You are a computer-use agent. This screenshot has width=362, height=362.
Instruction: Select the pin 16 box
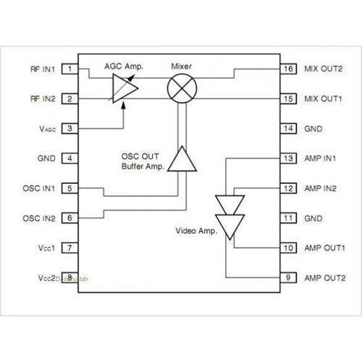tap(288, 69)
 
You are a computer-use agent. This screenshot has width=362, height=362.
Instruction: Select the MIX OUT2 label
tap(323, 69)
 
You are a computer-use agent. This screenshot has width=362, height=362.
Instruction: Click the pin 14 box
tap(288, 129)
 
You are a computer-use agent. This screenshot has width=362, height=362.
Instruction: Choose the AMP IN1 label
tap(321, 159)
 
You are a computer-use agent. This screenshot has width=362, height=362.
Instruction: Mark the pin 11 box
tap(288, 218)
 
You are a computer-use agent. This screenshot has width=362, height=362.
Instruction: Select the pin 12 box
tap(288, 188)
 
